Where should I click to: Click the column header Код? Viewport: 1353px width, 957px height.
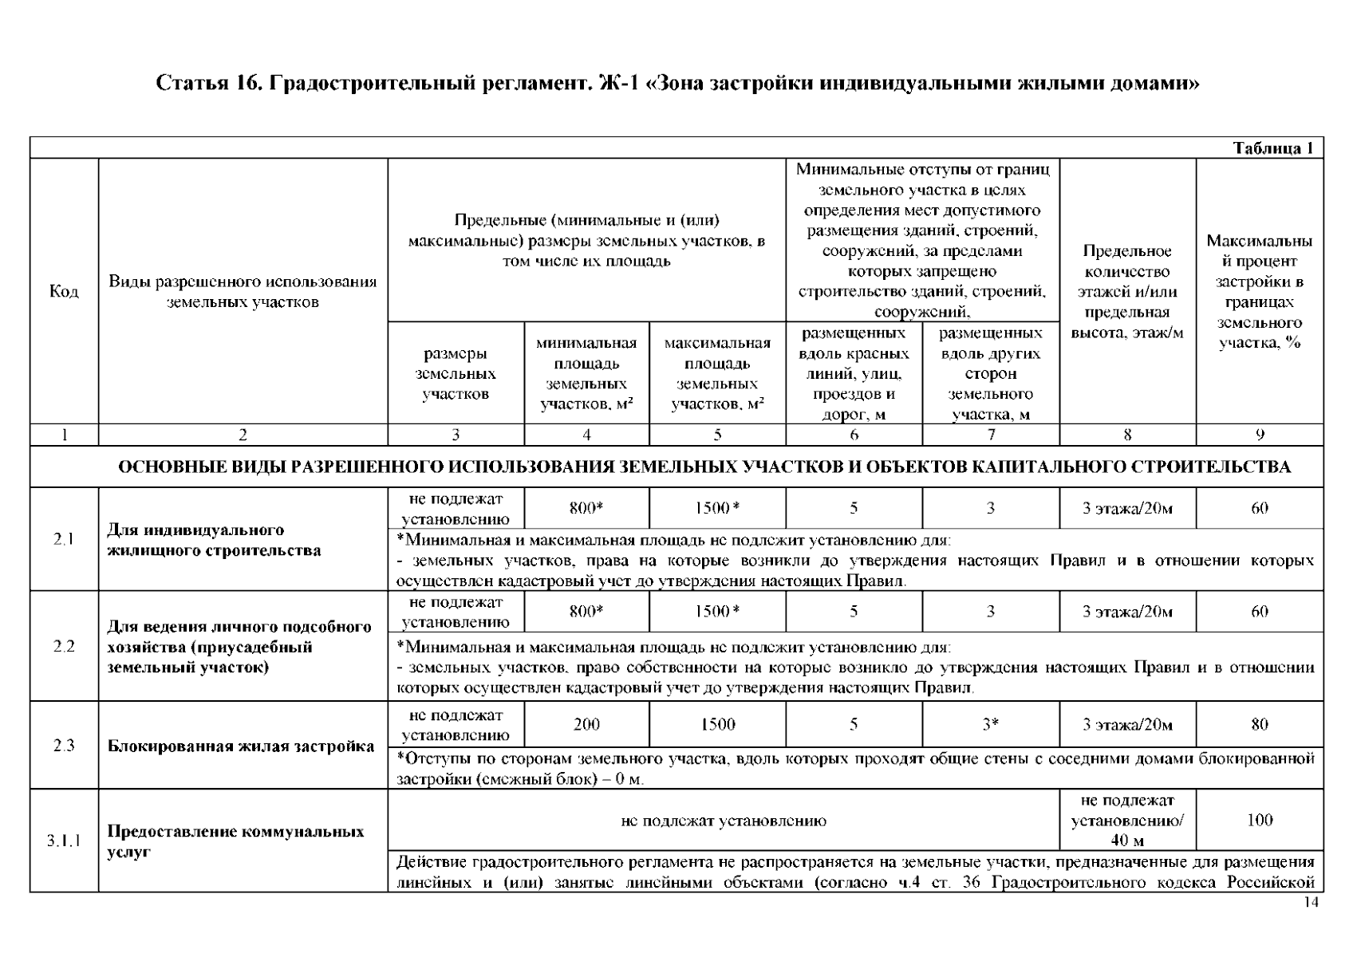[x=64, y=292]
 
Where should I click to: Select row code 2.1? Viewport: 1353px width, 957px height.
[x=64, y=539]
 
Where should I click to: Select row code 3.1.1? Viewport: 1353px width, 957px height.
[x=64, y=841]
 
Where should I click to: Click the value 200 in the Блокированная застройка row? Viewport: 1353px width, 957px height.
[x=586, y=724]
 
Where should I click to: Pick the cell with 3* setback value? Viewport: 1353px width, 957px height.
[x=990, y=724]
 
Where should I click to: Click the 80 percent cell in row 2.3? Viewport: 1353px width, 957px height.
[x=1259, y=724]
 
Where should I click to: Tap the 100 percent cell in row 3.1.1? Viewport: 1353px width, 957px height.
[x=1259, y=820]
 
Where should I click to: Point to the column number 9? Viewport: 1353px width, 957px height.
[x=1259, y=435]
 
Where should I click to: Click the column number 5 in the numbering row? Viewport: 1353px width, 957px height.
[x=717, y=435]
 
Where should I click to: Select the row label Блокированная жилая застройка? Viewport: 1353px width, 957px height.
[x=241, y=746]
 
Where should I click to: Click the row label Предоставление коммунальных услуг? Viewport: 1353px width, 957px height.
[x=236, y=841]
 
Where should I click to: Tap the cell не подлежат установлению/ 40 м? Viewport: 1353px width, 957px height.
[x=1126, y=820]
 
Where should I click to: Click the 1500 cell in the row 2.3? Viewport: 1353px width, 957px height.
[x=717, y=724]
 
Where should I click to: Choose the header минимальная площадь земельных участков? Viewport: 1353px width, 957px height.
[x=586, y=373]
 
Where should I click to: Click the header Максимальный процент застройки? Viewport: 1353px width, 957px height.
[x=1259, y=292]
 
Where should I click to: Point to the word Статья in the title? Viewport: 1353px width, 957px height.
[x=188, y=83]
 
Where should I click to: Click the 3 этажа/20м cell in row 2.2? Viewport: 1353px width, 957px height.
[x=1126, y=612]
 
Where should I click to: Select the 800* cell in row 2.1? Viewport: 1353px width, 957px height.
[x=586, y=508]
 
